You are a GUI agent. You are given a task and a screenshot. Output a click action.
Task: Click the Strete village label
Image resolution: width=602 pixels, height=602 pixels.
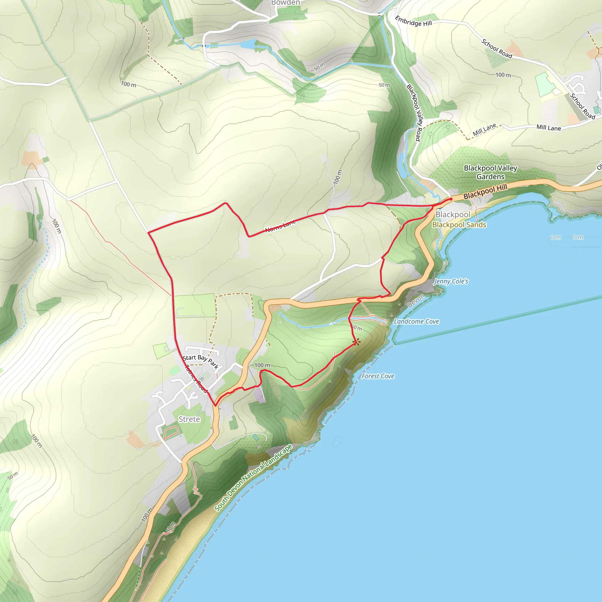pos(189,419)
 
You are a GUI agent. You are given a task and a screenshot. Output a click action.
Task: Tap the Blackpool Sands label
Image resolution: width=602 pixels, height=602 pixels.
pos(459,225)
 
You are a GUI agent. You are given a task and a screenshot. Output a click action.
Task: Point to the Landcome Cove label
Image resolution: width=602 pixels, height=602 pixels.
pos(416,321)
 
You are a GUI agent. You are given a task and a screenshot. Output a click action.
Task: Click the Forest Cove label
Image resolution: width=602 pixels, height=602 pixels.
pos(378,376)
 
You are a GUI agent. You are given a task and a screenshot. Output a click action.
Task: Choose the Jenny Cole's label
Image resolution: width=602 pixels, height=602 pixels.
pos(451,281)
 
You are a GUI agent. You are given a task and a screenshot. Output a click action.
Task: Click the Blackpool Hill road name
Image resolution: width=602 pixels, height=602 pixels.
pos(485,191)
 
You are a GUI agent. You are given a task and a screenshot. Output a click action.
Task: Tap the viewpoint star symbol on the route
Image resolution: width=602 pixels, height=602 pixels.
pos(357,342)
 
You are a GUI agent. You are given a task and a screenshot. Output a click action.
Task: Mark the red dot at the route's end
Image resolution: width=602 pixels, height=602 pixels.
pos(451,199)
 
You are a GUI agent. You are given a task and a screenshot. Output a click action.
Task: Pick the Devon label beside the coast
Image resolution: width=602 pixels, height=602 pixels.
pos(416,301)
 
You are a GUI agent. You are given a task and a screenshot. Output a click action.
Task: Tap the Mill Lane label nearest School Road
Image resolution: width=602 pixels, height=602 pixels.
pos(549,128)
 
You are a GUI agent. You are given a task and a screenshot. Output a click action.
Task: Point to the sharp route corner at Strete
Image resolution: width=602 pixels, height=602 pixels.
pos(215,405)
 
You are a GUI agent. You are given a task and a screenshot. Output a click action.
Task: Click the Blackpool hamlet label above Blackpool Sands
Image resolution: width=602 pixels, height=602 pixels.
pos(452,214)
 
